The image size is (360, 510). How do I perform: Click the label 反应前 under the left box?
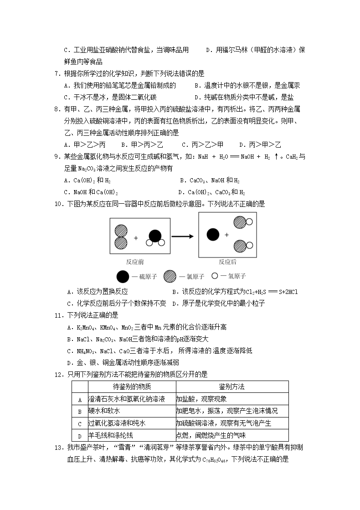pyautogui.click(x=136, y=262)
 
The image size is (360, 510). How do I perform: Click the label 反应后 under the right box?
pyautogui.click(x=227, y=262)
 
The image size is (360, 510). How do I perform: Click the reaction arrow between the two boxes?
pyautogui.click(x=184, y=236)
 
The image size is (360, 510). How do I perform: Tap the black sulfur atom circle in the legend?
pyautogui.click(x=123, y=277)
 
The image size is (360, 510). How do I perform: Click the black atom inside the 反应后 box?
pyautogui.click(x=213, y=234)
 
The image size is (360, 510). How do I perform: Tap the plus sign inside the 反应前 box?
pyautogui.click(x=135, y=238)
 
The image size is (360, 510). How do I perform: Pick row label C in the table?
pyautogui.click(x=80, y=424)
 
